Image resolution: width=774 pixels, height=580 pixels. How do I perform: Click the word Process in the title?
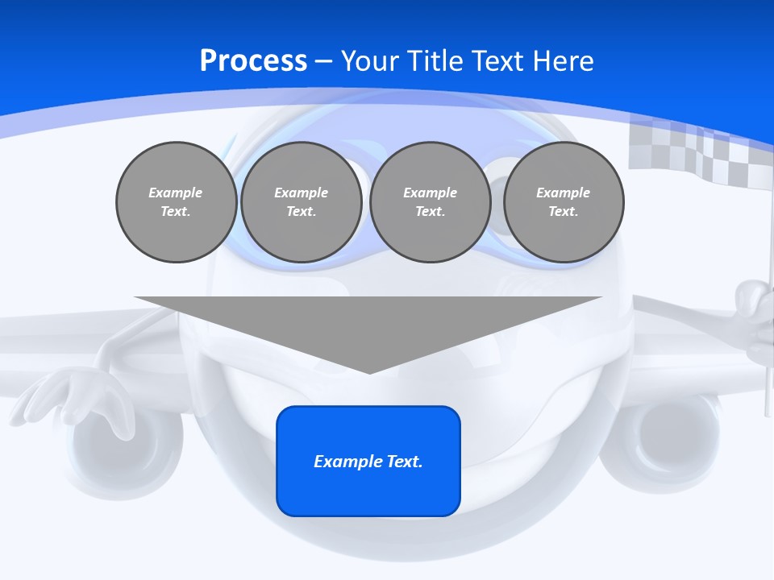253,61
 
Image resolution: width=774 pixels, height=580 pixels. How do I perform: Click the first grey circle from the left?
176,202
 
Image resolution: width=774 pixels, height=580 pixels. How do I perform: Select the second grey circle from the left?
302,202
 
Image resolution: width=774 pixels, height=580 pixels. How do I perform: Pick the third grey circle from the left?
431,202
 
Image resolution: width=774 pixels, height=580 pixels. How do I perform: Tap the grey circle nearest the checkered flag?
564,202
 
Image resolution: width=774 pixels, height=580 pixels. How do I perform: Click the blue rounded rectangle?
368,461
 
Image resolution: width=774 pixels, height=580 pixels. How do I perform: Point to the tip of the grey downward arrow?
369,371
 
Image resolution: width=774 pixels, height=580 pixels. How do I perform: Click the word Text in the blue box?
402,462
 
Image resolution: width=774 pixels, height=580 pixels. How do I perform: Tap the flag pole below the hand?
768,387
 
